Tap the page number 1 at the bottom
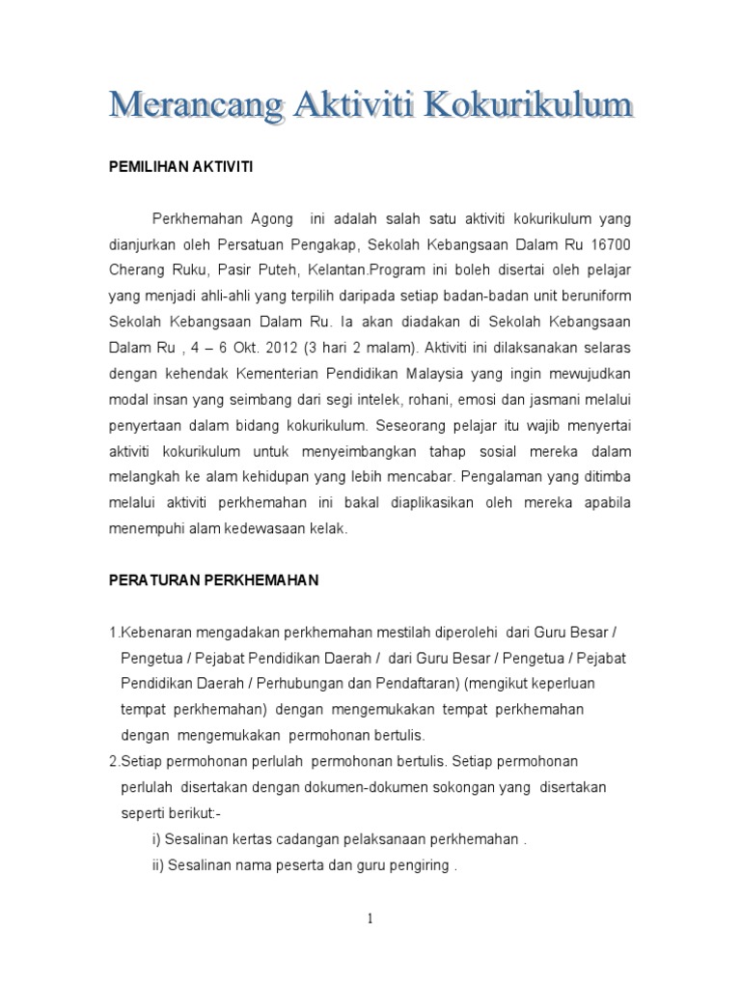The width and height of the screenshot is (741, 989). [x=370, y=918]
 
